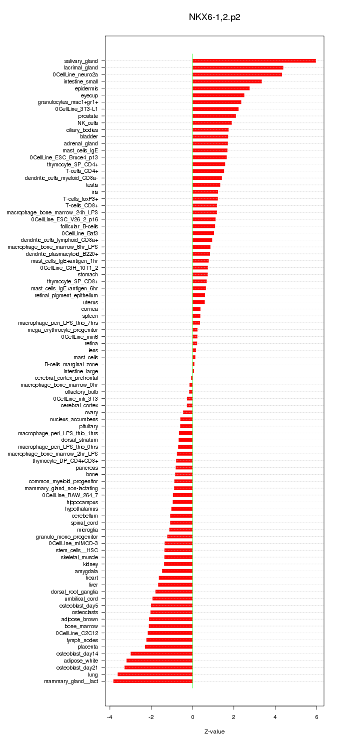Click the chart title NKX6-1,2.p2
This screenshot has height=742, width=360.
coord(214,17)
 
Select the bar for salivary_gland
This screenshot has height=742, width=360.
coord(254,60)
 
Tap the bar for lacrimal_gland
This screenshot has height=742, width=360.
coord(237,67)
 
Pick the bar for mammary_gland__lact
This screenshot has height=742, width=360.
coord(153,681)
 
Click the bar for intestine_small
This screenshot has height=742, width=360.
coord(227,81)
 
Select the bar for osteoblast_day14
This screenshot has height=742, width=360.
coord(161,654)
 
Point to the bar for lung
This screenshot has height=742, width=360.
coord(155,675)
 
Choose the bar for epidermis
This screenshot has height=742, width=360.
coord(221,88)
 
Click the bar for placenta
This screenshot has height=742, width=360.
coord(168,647)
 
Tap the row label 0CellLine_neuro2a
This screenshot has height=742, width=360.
coord(75,74)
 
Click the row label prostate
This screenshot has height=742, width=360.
coord(88,116)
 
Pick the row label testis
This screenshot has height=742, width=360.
coord(92,185)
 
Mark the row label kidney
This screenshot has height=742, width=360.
coord(90,564)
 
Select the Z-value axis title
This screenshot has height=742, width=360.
coord(214,732)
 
